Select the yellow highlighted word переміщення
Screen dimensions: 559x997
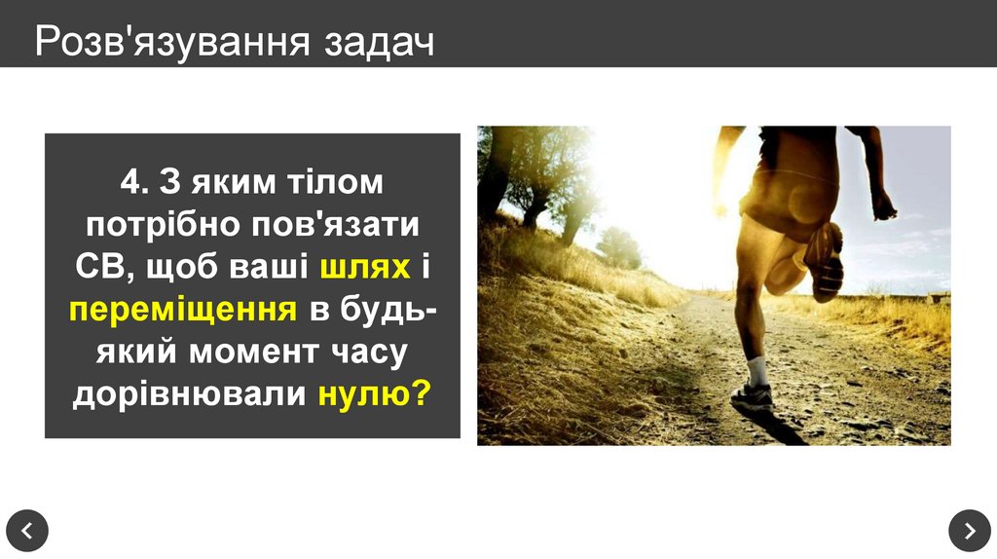(183, 310)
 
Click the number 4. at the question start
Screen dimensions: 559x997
(134, 181)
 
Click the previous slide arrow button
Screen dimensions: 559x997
(27, 530)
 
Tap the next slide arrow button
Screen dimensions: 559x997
(969, 530)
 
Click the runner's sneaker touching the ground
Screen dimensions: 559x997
(752, 397)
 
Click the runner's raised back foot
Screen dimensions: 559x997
(825, 260)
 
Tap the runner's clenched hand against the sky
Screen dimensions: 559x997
(883, 205)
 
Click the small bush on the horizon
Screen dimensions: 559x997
(619, 247)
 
